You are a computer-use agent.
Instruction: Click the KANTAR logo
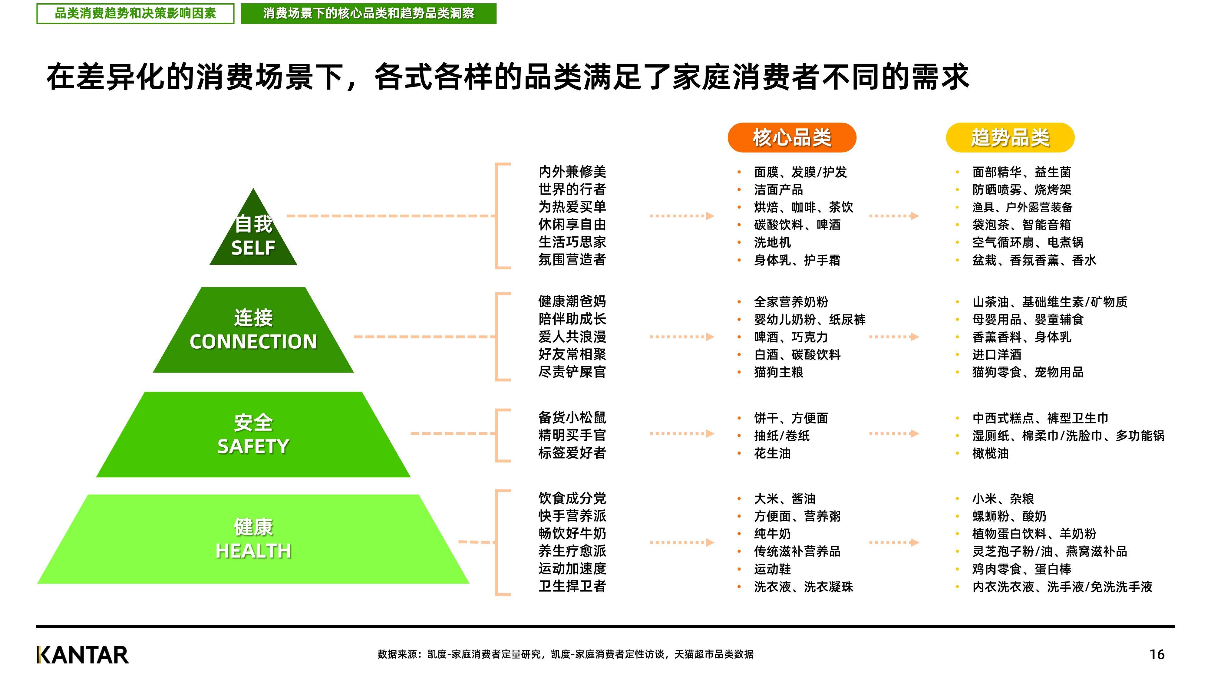[x=82, y=655]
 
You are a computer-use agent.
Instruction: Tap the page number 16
[x=1157, y=654]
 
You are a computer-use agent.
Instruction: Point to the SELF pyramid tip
[x=253, y=189]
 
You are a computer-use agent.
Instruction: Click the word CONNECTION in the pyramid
[x=253, y=342]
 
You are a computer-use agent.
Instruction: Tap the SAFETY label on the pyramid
[x=253, y=446]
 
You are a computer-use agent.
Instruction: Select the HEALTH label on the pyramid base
[x=253, y=551]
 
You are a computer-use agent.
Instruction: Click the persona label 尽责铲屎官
[x=572, y=372]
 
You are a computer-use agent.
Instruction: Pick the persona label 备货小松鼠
[x=572, y=417]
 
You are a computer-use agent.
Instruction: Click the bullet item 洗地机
[x=772, y=242]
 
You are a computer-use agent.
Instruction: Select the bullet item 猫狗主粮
[x=778, y=372]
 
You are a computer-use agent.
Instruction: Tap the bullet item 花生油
[x=772, y=453]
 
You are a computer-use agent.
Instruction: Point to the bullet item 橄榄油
[x=991, y=453]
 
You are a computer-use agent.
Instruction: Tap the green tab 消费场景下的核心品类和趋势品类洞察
[x=368, y=13]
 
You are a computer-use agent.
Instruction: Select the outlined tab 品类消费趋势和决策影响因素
[x=135, y=13]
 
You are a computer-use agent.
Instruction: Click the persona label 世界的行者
[x=572, y=189]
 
